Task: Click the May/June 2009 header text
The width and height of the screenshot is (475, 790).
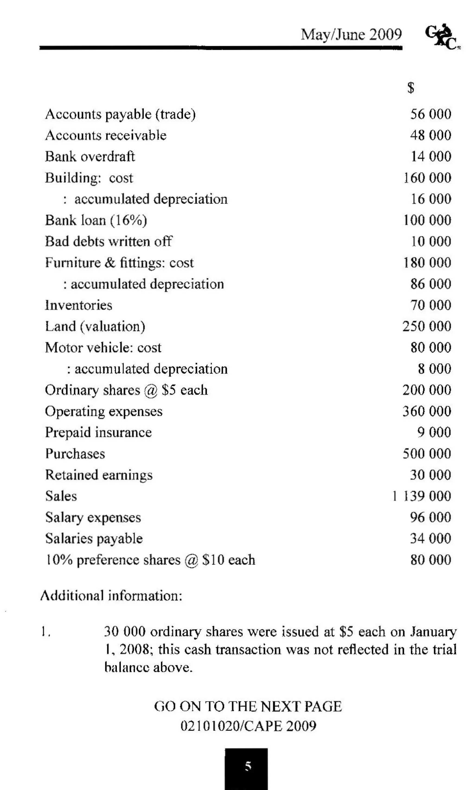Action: click(351, 34)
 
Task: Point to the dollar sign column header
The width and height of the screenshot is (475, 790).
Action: click(411, 88)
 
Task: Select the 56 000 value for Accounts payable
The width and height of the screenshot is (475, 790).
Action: click(430, 114)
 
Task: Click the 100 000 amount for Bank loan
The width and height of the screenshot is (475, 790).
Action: click(427, 220)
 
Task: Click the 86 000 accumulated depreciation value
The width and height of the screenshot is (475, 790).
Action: click(430, 284)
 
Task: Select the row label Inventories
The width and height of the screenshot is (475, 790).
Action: click(78, 305)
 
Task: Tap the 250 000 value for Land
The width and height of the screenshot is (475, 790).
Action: click(427, 326)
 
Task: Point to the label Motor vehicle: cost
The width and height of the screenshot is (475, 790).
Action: click(103, 348)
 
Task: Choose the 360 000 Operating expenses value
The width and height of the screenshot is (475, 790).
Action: click(427, 411)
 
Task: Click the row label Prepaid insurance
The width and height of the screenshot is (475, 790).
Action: click(98, 433)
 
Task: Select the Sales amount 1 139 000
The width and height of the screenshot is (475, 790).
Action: click(422, 496)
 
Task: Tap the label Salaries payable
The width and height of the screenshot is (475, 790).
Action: click(94, 539)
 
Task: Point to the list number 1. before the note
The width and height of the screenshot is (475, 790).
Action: click(46, 632)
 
